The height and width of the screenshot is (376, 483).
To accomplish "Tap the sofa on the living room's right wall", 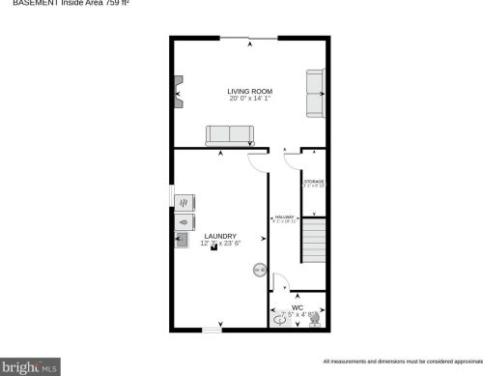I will (x=315, y=94).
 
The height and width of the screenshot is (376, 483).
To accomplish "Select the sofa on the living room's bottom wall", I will (x=228, y=135).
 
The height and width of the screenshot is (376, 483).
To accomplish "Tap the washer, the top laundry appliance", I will (x=184, y=202).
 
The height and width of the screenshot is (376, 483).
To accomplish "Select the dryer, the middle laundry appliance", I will (x=184, y=220).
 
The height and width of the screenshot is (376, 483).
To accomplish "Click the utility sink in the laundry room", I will (x=183, y=238).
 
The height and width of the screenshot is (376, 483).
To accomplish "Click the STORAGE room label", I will (x=314, y=181).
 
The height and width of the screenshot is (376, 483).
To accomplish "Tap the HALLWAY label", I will (x=284, y=217).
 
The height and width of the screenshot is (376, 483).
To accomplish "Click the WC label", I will (x=298, y=307).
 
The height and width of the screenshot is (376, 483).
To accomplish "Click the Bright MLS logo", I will (x=30, y=367).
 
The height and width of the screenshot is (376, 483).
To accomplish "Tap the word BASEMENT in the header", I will (x=20, y=3).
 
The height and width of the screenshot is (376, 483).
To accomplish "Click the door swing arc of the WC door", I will (x=280, y=281).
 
